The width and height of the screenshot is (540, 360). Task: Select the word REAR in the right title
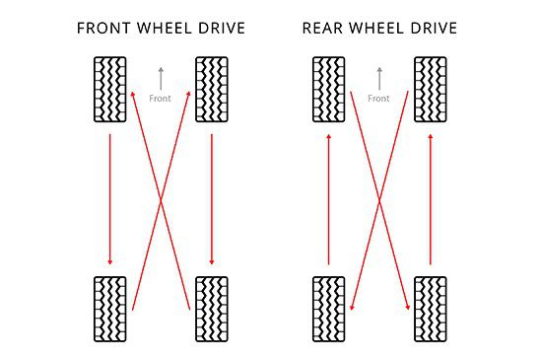click(323, 28)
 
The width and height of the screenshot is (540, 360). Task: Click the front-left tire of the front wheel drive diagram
click(109, 90)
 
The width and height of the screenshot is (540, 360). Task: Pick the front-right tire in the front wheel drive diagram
click(212, 90)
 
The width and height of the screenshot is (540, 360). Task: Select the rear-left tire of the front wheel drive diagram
click(109, 309)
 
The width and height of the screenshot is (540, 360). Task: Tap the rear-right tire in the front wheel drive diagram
click(212, 309)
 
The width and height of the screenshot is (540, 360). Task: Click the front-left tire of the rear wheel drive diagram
click(328, 90)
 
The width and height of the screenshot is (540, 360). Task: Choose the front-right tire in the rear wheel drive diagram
click(431, 90)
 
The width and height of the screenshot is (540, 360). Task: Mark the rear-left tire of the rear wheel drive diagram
click(328, 309)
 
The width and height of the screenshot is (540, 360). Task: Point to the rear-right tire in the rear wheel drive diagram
click(431, 309)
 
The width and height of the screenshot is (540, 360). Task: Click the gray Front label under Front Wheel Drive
click(161, 99)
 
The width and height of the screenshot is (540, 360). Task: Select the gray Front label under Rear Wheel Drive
click(379, 99)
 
